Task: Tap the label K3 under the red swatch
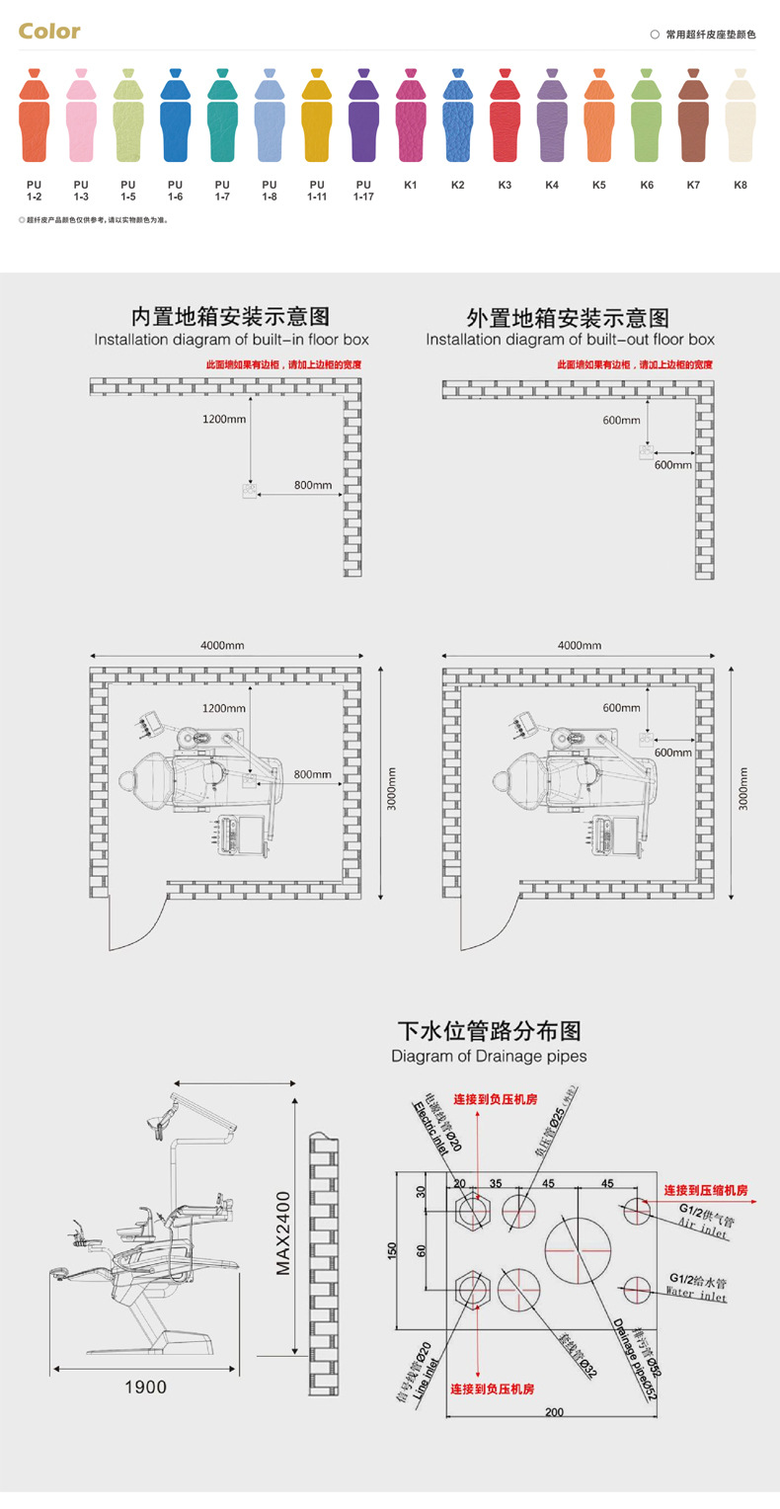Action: click(x=505, y=185)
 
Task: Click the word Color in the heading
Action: click(x=49, y=32)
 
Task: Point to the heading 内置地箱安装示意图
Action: click(x=231, y=317)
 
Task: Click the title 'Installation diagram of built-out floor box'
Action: click(x=570, y=340)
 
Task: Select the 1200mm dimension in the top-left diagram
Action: click(x=224, y=419)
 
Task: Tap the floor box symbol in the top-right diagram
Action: click(x=645, y=452)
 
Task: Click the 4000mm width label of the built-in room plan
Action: click(x=222, y=645)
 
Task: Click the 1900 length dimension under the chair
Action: click(x=145, y=1388)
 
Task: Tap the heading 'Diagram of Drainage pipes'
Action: click(x=489, y=1056)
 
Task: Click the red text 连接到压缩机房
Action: click(x=705, y=1190)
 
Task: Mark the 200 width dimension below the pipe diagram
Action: click(x=554, y=1412)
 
